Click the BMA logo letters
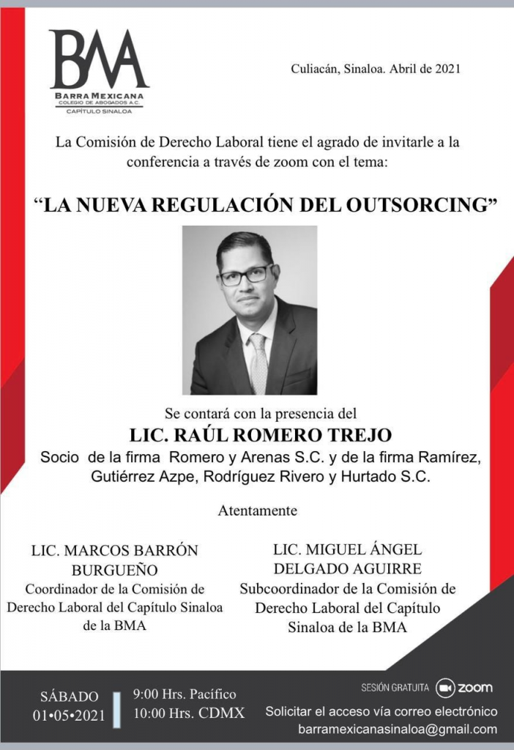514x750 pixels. point(99,60)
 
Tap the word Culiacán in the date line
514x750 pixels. point(314,70)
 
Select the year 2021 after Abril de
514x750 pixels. point(447,70)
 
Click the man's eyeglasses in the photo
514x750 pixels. point(247,275)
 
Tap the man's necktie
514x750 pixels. point(258,363)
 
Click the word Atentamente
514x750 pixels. point(257,510)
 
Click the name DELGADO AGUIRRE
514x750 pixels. point(348,568)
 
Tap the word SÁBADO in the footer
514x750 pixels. point(69,696)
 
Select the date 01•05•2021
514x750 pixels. point(69,715)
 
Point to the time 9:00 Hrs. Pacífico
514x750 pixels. point(185,694)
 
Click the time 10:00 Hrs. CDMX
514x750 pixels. point(188,713)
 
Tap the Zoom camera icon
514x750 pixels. point(445,688)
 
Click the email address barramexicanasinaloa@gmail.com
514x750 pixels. point(397,729)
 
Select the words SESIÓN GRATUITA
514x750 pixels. point(395,688)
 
